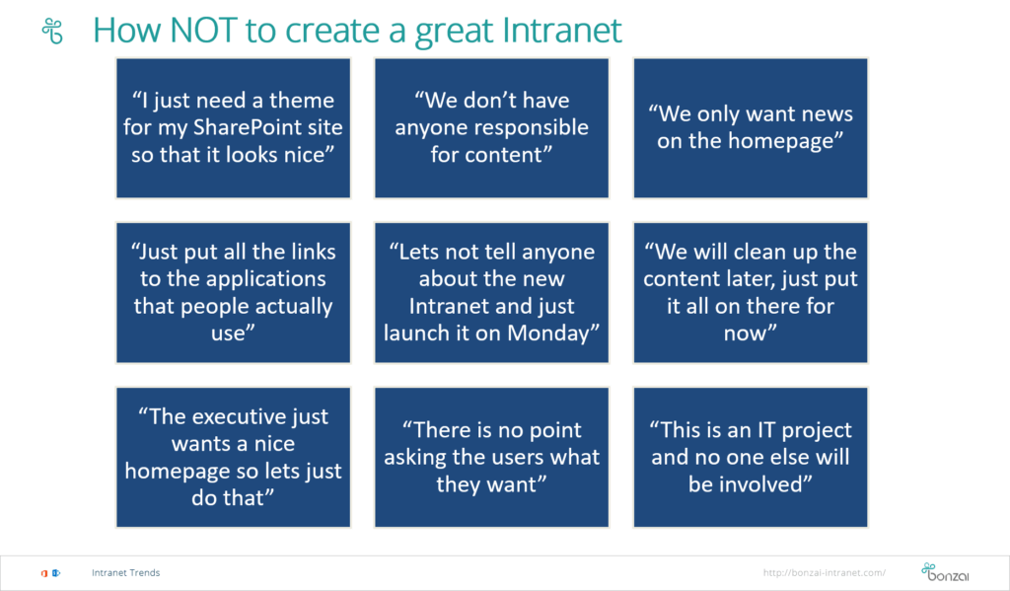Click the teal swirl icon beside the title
point(52,31)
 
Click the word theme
point(302,100)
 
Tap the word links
point(313,252)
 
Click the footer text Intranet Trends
point(125,572)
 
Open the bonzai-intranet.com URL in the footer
point(824,572)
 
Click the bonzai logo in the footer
point(945,571)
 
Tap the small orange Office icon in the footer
point(44,573)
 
